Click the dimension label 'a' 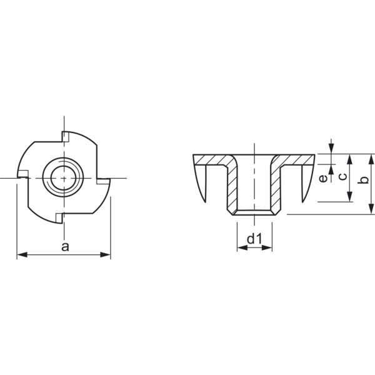tap(65, 247)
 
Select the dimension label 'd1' tap(255, 239)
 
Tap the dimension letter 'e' tap(323, 178)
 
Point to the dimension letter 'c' tap(343, 176)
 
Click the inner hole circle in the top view tap(63, 177)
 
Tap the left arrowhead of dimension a tap(22, 255)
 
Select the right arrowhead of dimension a tap(105, 255)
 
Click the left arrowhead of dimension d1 tap(242, 247)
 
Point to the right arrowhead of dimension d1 tap(267, 247)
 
